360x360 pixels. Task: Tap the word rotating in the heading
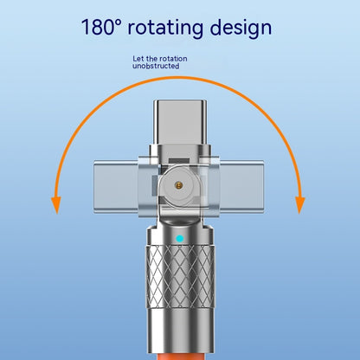click(x=165, y=29)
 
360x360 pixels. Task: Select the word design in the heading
click(x=241, y=29)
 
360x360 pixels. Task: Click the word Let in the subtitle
click(x=138, y=59)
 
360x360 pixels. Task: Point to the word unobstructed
click(x=156, y=66)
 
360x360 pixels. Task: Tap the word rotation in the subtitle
click(x=174, y=59)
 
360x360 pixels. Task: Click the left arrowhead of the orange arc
click(x=56, y=205)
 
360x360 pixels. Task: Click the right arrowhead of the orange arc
click(x=300, y=205)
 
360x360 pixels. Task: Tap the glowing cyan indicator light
click(x=180, y=239)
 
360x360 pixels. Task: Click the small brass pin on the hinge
click(x=179, y=185)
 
